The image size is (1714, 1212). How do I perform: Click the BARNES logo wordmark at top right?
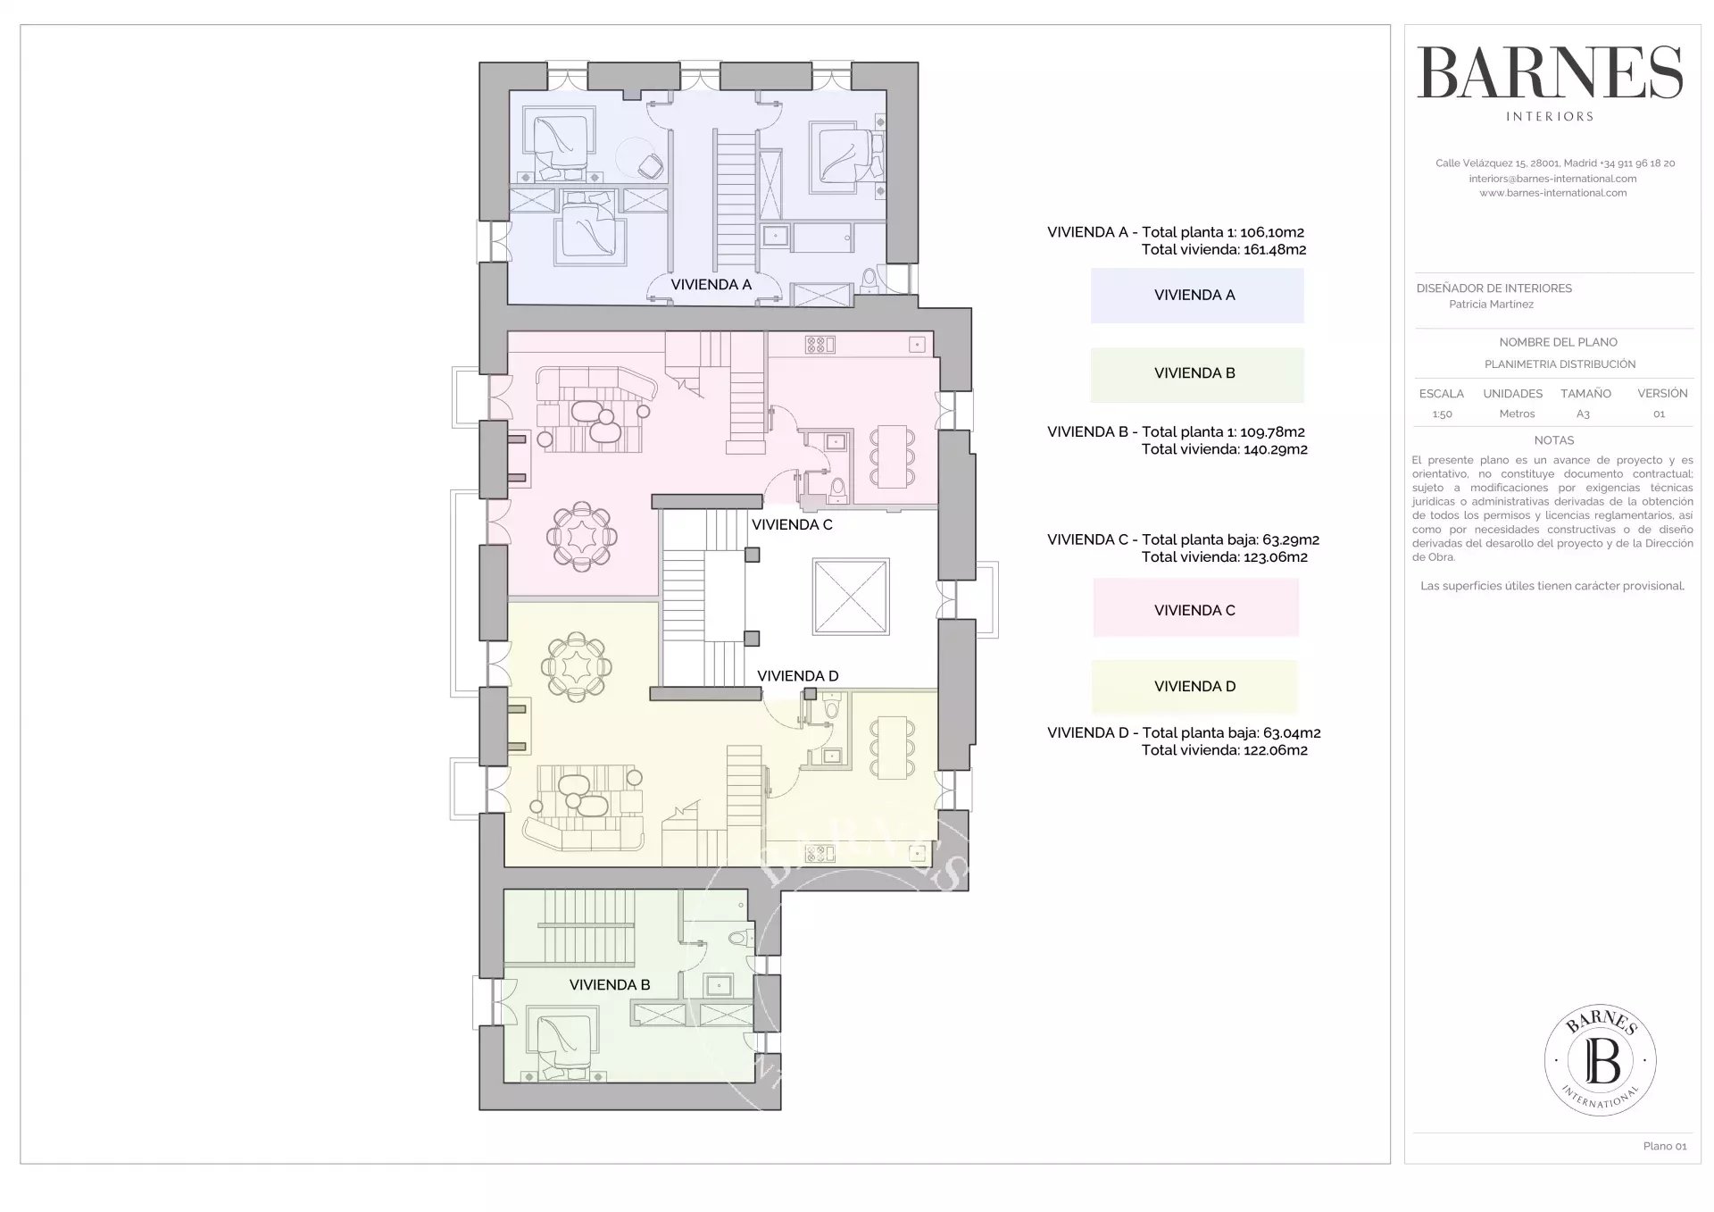pyautogui.click(x=1550, y=72)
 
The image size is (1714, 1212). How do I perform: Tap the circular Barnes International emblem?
pyautogui.click(x=1601, y=1059)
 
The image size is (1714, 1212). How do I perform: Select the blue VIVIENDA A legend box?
pyautogui.click(x=1196, y=296)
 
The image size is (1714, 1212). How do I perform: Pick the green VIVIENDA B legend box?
pyautogui.click(x=1196, y=374)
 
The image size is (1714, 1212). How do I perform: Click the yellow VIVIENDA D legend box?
pyautogui.click(x=1194, y=687)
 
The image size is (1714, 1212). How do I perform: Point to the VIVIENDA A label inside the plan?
pyautogui.click(x=711, y=285)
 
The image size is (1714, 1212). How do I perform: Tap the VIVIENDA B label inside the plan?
pyautogui.click(x=610, y=985)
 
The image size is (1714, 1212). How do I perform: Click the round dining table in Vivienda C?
pyautogui.click(x=582, y=536)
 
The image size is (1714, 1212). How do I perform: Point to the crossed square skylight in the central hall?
pyautogui.click(x=851, y=597)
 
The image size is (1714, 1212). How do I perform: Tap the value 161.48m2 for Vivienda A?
pyautogui.click(x=1274, y=250)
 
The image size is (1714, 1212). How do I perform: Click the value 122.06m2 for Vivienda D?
pyautogui.click(x=1275, y=750)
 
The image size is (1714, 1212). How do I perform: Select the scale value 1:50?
pyautogui.click(x=1442, y=414)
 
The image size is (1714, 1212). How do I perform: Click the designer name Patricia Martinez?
pyautogui.click(x=1491, y=305)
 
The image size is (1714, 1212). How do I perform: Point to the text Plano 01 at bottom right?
pyautogui.click(x=1665, y=1146)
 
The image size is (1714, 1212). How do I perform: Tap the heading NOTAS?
pyautogui.click(x=1554, y=440)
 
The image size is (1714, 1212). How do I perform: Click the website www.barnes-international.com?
pyautogui.click(x=1553, y=193)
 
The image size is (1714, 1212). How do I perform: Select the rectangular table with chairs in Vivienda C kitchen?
pyautogui.click(x=892, y=456)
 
